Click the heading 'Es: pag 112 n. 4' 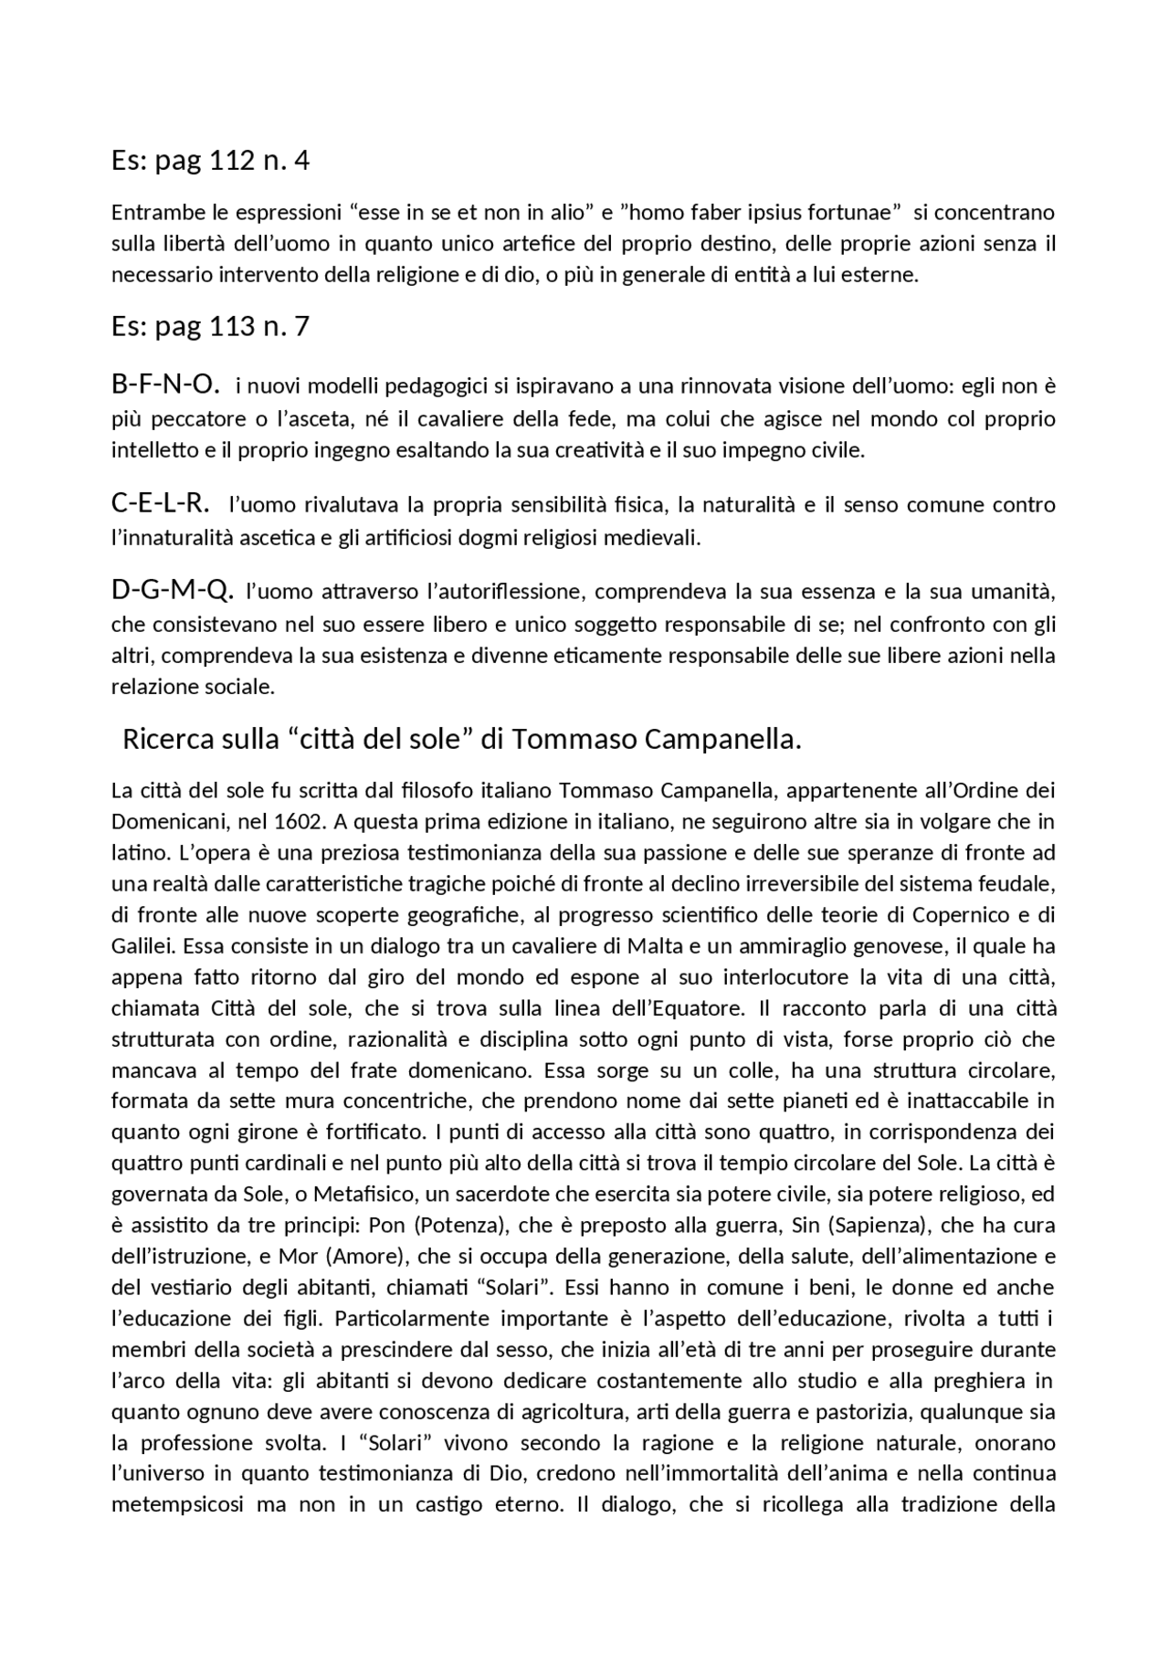[x=210, y=161]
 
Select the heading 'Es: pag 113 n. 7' [x=210, y=326]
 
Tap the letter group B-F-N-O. [x=165, y=385]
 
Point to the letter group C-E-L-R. [x=160, y=502]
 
